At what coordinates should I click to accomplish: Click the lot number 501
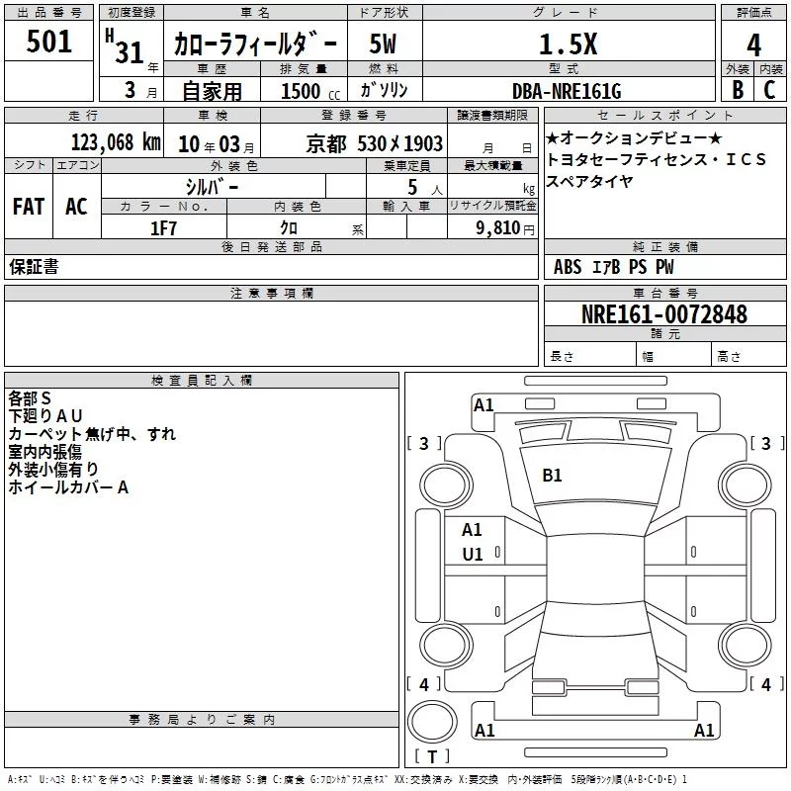(x=48, y=42)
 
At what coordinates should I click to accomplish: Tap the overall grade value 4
(x=753, y=45)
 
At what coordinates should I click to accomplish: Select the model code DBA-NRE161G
(x=567, y=91)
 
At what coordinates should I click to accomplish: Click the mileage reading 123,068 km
(x=116, y=141)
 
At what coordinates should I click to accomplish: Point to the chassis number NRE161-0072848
(x=664, y=314)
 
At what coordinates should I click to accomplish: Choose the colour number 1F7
(x=163, y=228)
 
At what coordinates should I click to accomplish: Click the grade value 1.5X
(x=568, y=44)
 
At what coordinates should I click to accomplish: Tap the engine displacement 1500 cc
(x=310, y=91)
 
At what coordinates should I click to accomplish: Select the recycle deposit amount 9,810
(x=498, y=227)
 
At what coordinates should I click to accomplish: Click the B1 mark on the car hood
(x=552, y=476)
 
